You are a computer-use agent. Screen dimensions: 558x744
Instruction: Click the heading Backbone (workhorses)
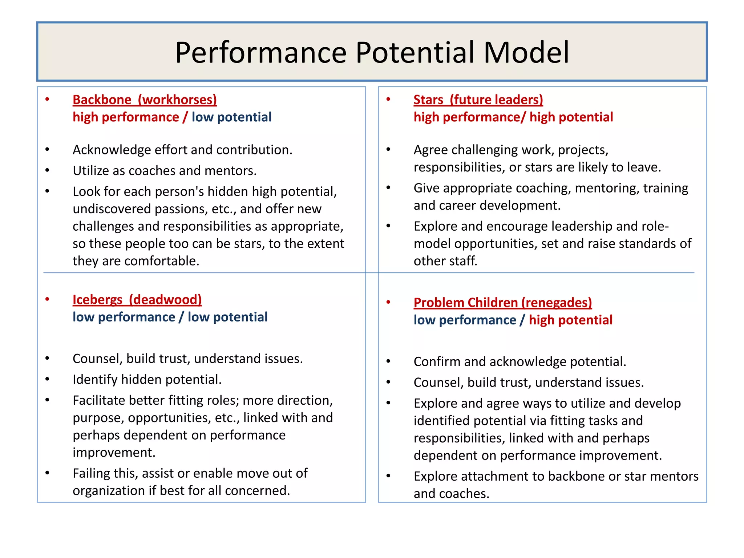click(145, 100)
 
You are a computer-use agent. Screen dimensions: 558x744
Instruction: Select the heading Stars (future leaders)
click(478, 100)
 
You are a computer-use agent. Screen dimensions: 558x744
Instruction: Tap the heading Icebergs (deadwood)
click(137, 300)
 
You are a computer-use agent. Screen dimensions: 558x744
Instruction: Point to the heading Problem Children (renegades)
click(502, 303)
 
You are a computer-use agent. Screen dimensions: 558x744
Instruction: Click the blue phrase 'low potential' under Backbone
click(231, 117)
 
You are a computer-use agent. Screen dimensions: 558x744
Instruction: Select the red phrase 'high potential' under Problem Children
click(570, 320)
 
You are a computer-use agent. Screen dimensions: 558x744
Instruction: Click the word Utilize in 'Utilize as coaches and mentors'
click(90, 171)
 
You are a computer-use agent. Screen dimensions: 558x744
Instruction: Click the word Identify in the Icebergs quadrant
click(95, 380)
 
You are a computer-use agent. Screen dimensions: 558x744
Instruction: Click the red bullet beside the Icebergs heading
click(47, 299)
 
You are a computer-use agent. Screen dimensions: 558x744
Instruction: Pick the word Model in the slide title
click(526, 53)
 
